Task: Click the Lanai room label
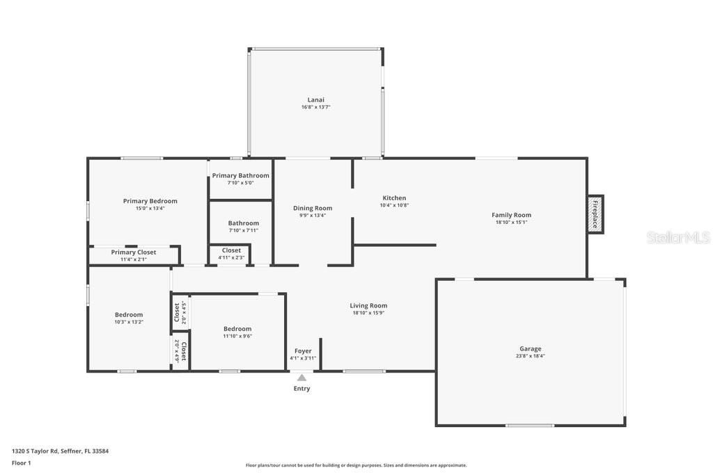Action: tap(315, 99)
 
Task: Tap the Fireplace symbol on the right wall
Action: tap(595, 214)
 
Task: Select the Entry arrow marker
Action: tap(301, 378)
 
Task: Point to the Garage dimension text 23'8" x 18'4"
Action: tap(530, 356)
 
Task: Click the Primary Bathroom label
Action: tap(240, 175)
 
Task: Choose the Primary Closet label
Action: tap(134, 252)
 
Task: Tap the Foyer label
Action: tap(303, 351)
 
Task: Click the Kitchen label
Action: tap(393, 198)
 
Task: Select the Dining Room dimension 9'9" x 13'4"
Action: tap(312, 216)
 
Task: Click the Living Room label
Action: tap(368, 305)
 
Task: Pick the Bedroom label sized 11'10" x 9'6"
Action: tap(237, 329)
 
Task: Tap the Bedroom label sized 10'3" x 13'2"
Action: tap(129, 314)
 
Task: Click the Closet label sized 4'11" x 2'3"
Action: tap(231, 250)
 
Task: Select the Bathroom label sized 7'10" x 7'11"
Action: tap(243, 223)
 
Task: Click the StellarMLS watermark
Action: tap(678, 238)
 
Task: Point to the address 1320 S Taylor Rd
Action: tap(60, 451)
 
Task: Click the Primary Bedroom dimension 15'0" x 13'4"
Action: tap(150, 208)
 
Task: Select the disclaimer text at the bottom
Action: tap(356, 465)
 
